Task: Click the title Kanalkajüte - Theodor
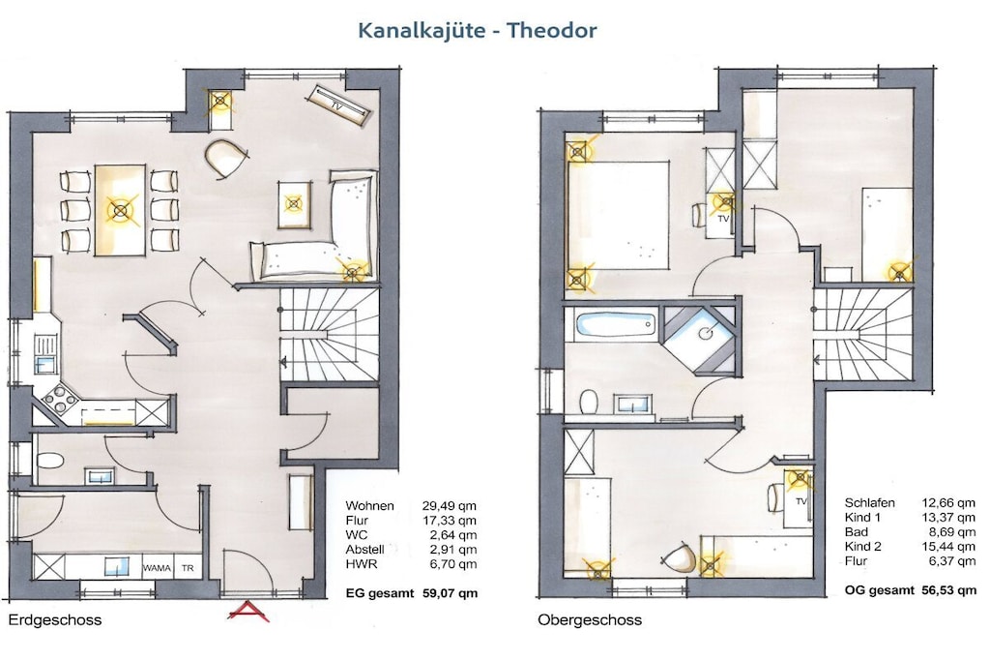[x=478, y=30]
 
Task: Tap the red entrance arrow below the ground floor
[x=248, y=611]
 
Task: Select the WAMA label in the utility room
[x=157, y=568]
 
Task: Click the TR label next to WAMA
[x=188, y=568]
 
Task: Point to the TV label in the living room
[x=337, y=106]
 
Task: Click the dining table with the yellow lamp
[x=120, y=210]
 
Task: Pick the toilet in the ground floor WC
[x=50, y=460]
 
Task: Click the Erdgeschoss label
[x=55, y=619]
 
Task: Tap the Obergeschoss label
[x=590, y=620]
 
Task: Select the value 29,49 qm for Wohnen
[x=450, y=506]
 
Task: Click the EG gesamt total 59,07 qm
[x=412, y=593]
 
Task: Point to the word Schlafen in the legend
[x=869, y=503]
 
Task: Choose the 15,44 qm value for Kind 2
[x=949, y=547]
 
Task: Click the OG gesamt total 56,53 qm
[x=911, y=591]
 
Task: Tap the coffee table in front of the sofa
[x=294, y=203]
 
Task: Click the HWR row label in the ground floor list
[x=362, y=564]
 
